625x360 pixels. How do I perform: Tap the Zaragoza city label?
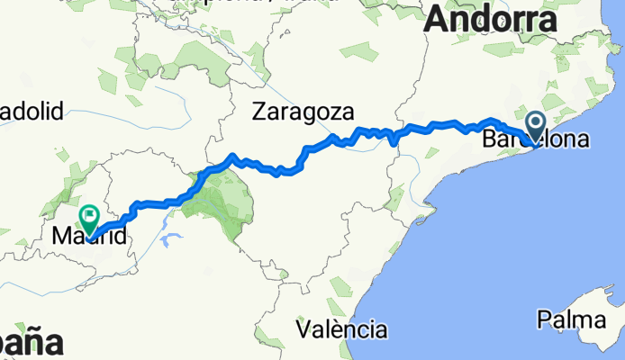[x=303, y=112]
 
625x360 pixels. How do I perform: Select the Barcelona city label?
[x=536, y=140]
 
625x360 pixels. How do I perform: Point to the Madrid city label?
[x=88, y=238]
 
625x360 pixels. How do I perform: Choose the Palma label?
[x=576, y=319]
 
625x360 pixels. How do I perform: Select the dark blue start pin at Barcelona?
[x=536, y=125]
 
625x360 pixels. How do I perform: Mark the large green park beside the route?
[x=223, y=202]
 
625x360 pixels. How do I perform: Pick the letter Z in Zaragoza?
[x=259, y=112]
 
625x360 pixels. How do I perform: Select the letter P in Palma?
[x=544, y=319]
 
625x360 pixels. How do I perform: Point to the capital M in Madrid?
[x=61, y=238]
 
